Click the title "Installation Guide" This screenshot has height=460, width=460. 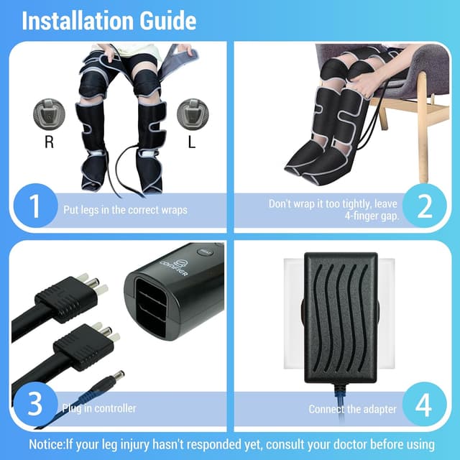[x=109, y=20]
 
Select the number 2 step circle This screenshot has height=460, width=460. [x=425, y=206]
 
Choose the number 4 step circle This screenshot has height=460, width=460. [x=423, y=407]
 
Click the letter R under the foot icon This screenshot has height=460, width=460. [x=49, y=142]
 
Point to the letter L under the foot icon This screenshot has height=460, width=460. [x=191, y=142]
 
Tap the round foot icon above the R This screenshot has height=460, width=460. [x=49, y=114]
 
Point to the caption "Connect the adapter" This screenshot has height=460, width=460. [x=352, y=409]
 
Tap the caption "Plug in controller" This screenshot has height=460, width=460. [x=101, y=408]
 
